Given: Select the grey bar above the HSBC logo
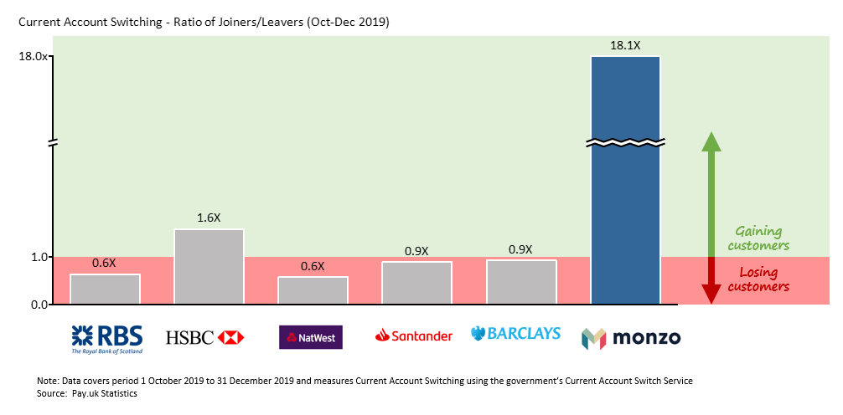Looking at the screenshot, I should tap(209, 266).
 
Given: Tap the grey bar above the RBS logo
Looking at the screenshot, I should tap(105, 289).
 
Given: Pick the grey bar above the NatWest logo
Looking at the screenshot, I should tap(313, 289).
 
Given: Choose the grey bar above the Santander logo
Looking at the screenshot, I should tap(416, 283).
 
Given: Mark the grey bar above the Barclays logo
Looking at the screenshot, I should tap(520, 282).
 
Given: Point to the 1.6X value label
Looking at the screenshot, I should tap(209, 218).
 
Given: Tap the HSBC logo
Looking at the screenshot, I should tap(204, 337).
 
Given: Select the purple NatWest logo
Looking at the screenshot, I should tap(310, 337).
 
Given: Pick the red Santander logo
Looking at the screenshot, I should tap(414, 336).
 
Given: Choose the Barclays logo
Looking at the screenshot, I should tap(515, 334).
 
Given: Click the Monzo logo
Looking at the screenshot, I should tap(631, 338).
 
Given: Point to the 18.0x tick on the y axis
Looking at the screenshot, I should tap(34, 56).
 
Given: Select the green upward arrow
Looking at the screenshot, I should tap(711, 192).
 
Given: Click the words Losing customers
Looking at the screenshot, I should tap(758, 279).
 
